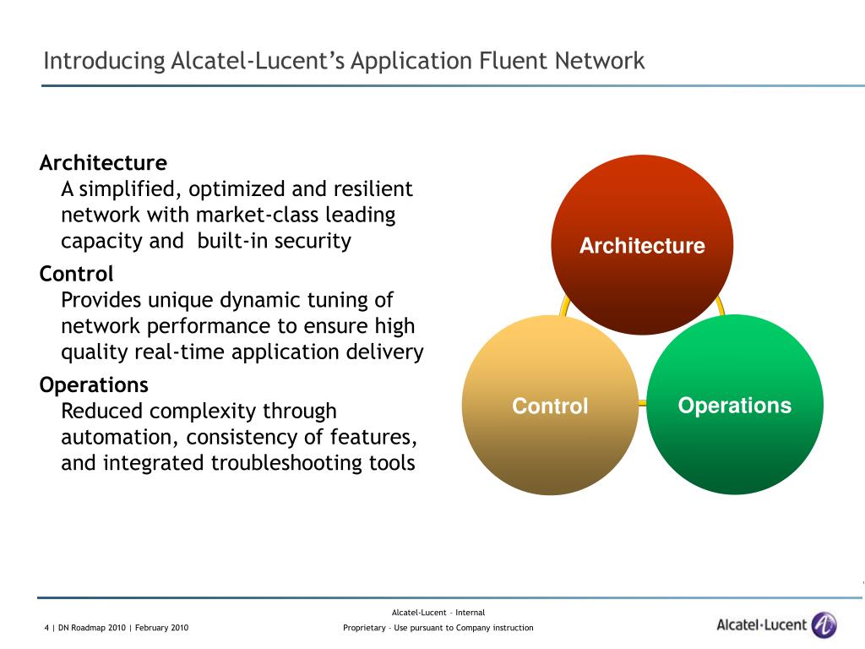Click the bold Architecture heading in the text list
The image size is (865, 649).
[x=103, y=162]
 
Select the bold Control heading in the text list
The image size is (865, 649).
[x=76, y=274]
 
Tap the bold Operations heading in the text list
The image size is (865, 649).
[x=94, y=385]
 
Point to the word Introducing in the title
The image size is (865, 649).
[x=104, y=61]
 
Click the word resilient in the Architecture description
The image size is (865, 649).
[x=373, y=188]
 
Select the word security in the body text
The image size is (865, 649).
[x=311, y=241]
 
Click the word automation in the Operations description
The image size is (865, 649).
[x=120, y=437]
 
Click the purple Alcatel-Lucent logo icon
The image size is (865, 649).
[x=824, y=625]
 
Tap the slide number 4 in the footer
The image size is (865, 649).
[x=46, y=628]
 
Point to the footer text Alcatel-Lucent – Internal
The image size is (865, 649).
[x=438, y=613]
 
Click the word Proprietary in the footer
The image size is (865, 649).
[x=364, y=628]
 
